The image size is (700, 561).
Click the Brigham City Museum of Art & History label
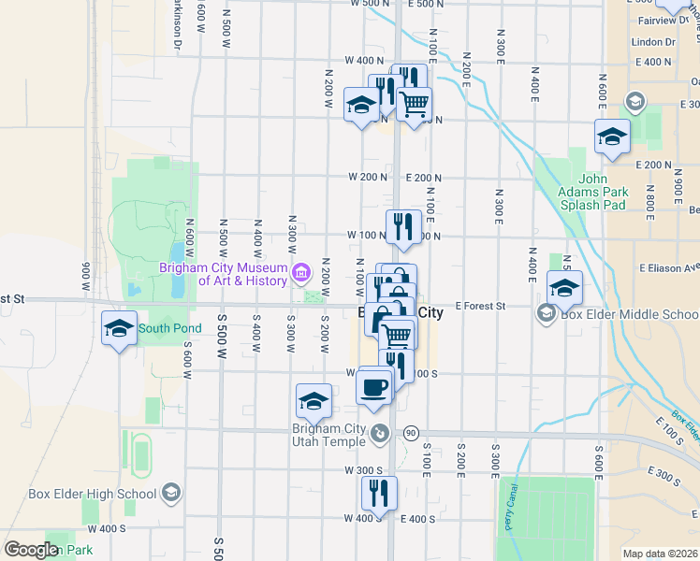click(222, 274)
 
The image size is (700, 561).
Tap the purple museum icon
click(301, 274)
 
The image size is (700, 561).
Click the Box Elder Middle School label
click(630, 314)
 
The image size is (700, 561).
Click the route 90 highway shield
click(410, 433)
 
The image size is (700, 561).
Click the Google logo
click(30, 549)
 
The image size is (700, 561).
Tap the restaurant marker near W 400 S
click(379, 493)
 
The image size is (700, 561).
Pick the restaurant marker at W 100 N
click(403, 226)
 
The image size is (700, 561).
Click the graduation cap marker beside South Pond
click(119, 329)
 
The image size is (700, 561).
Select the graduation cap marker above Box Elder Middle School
click(564, 288)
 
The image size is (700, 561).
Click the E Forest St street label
click(480, 306)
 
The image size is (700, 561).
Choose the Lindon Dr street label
click(653, 42)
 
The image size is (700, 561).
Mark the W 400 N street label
click(364, 60)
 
